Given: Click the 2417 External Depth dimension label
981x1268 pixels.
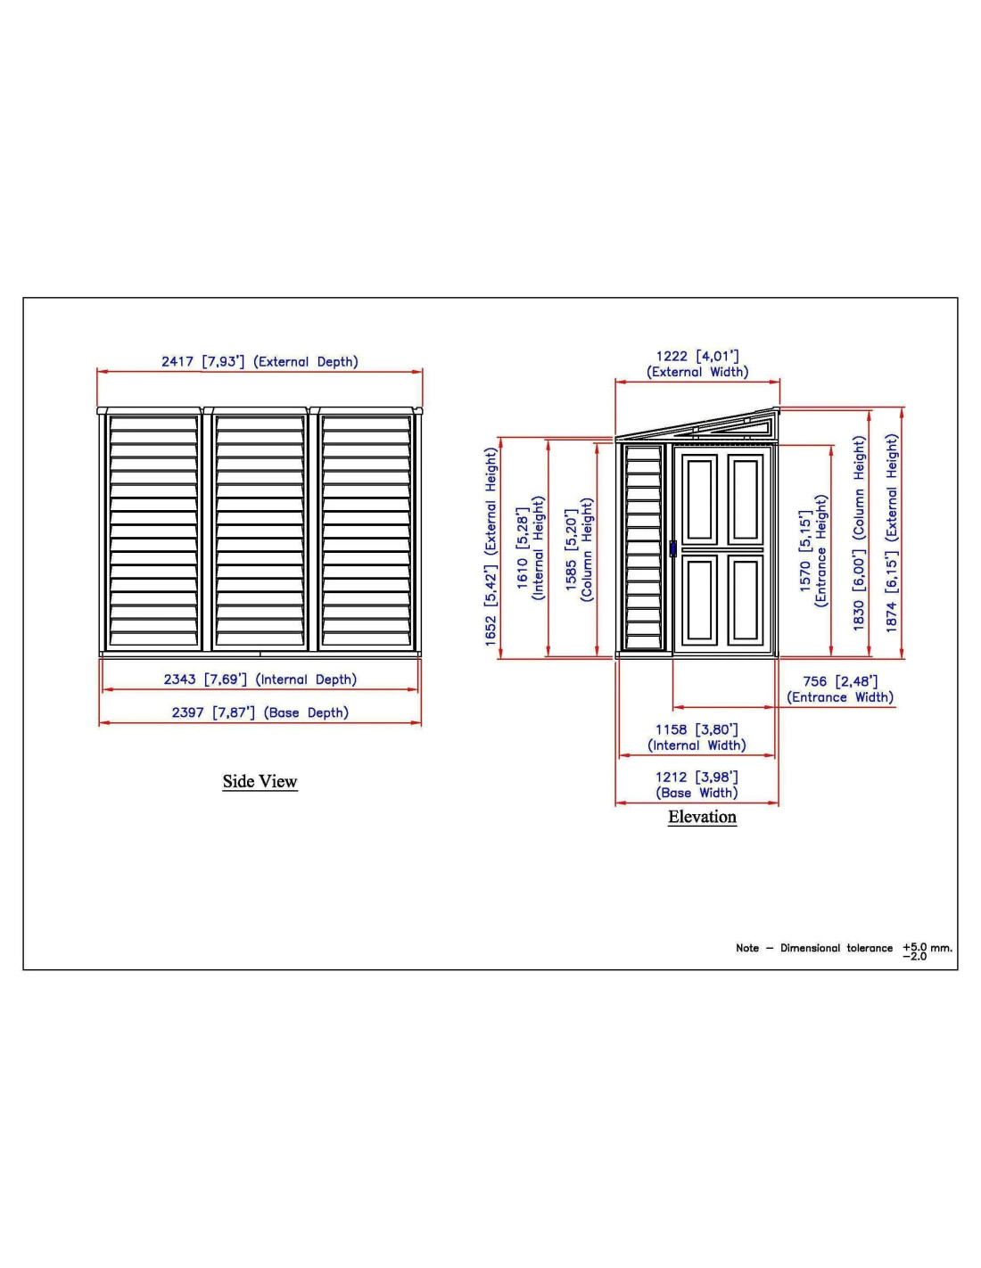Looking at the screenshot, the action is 260,361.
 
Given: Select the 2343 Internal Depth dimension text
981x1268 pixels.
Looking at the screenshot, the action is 260,679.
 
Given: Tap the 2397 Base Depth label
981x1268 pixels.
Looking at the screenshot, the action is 260,712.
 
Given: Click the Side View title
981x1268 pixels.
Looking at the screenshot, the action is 260,781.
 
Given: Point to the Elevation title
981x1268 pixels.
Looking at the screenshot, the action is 702,816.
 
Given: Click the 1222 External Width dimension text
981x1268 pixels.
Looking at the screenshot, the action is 697,364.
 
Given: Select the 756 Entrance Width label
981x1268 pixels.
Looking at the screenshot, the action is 840,689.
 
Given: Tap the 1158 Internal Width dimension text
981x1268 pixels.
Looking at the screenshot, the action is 697,737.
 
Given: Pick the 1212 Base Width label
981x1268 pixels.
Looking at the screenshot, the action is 697,785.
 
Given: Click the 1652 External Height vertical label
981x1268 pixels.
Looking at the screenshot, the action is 490,547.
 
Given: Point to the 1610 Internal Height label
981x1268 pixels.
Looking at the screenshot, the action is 531,548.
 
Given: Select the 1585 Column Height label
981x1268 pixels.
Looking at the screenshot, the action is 579,549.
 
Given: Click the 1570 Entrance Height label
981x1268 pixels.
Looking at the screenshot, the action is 813,551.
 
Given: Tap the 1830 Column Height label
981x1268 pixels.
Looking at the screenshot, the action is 859,532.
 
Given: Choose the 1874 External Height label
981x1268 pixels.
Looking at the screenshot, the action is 891,532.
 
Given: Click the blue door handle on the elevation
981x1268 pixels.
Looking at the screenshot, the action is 672,548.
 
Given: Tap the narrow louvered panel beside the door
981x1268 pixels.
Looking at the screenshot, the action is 643,547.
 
